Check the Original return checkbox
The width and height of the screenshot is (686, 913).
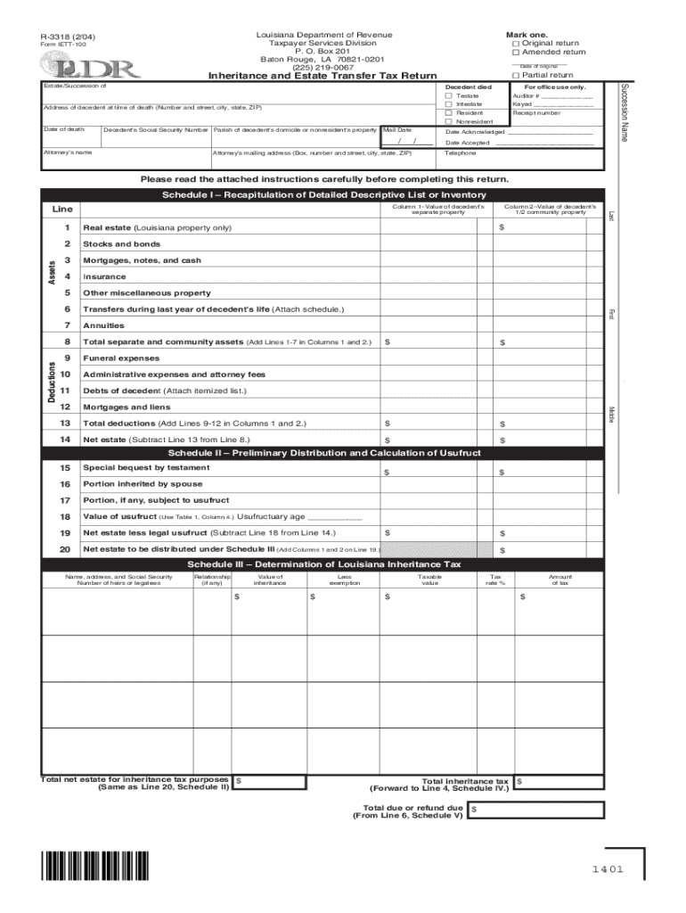click(x=516, y=43)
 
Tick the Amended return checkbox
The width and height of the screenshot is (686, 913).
click(x=516, y=52)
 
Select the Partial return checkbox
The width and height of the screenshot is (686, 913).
click(x=516, y=75)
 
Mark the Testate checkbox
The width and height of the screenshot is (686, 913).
click(x=448, y=95)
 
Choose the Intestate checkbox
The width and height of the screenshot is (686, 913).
click(x=448, y=104)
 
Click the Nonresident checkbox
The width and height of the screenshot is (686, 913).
click(x=448, y=121)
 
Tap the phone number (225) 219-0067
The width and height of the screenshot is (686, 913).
click(x=323, y=67)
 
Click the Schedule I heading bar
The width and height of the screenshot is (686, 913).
click(x=323, y=194)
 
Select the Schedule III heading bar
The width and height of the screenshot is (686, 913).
click(x=323, y=564)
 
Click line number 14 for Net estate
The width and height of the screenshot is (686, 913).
click(x=64, y=440)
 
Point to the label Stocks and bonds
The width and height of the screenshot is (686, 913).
click(x=121, y=243)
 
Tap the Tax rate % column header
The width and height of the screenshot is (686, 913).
click(x=496, y=580)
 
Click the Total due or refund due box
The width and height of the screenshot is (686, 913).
click(x=535, y=810)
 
